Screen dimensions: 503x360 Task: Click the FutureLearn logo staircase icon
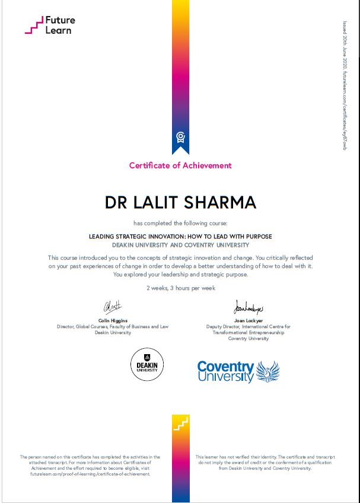33,26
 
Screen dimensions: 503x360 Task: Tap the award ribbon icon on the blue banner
180,138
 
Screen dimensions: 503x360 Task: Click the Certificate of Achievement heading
180,165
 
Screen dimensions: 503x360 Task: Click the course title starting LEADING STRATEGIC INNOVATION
180,236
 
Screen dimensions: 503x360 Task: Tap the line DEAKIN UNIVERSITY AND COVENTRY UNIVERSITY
180,245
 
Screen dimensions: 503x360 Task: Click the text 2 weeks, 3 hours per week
180,288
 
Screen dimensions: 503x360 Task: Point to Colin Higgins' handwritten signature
112,307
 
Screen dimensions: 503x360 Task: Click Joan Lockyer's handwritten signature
248,307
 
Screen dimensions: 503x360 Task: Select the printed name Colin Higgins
112,320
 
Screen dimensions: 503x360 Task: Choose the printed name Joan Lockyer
248,320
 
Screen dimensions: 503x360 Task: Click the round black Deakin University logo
146,365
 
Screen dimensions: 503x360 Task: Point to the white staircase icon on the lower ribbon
180,424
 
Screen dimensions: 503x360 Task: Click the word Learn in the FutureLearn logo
58,30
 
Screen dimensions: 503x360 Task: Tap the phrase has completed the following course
180,223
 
